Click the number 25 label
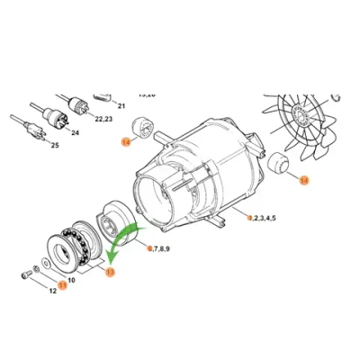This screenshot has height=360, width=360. click(54, 145)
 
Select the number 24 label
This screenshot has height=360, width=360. click(75, 132)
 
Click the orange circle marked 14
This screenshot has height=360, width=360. click(125, 141)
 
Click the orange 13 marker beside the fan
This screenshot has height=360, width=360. click(302, 180)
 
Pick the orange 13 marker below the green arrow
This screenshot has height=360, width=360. click(110, 272)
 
